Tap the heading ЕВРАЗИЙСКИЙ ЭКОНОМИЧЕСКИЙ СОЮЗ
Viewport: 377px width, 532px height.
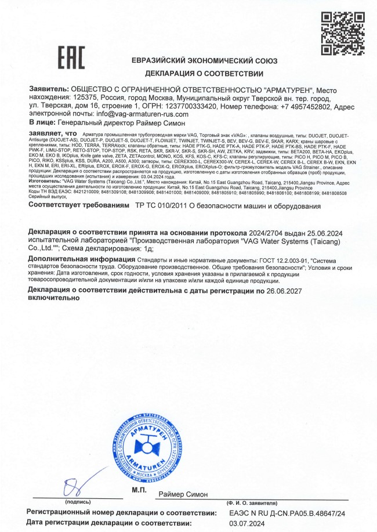204,61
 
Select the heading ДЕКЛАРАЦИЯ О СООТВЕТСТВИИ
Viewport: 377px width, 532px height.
204,74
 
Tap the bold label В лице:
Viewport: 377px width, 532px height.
42,123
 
